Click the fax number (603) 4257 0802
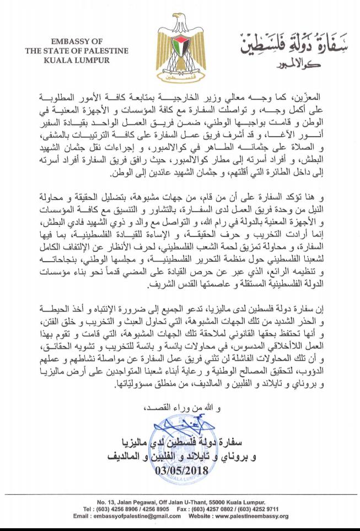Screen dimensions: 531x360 (x=217, y=510)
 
